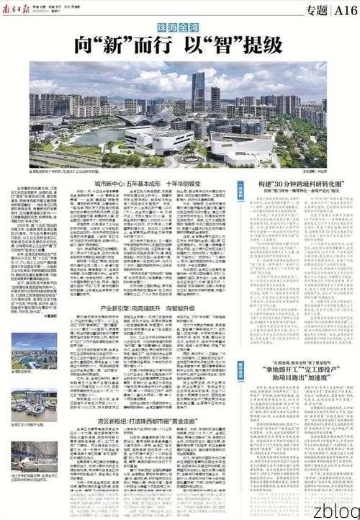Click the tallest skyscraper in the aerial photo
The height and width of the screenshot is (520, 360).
coord(198,90)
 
